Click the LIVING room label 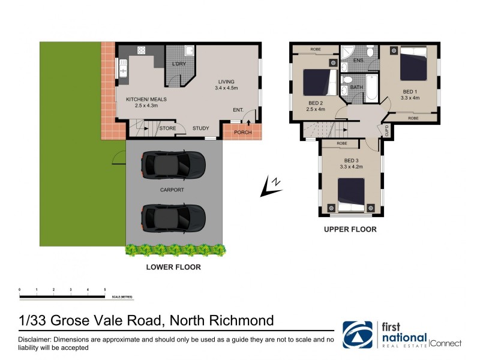pos(226,82)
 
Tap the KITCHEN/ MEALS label pos(146,99)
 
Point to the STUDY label pos(200,128)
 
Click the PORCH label pos(242,133)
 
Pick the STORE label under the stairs pos(167,128)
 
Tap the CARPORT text pos(172,190)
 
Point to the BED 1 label pos(410,91)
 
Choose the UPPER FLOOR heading pos(350,229)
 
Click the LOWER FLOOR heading pos(173,267)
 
